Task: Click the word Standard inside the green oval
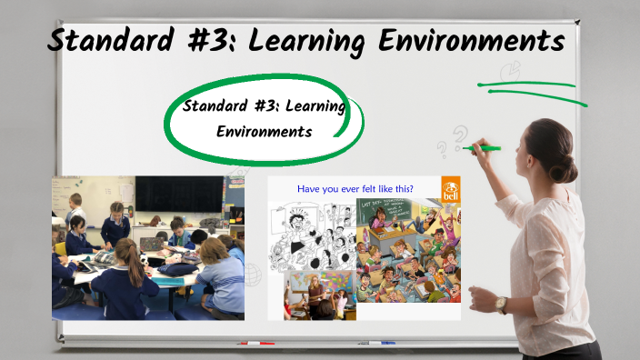[x=215, y=106]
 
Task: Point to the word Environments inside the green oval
[x=265, y=132]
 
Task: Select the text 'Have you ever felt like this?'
[x=355, y=188]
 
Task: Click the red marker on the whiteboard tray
[x=255, y=344]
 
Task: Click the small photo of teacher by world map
[x=317, y=295]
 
